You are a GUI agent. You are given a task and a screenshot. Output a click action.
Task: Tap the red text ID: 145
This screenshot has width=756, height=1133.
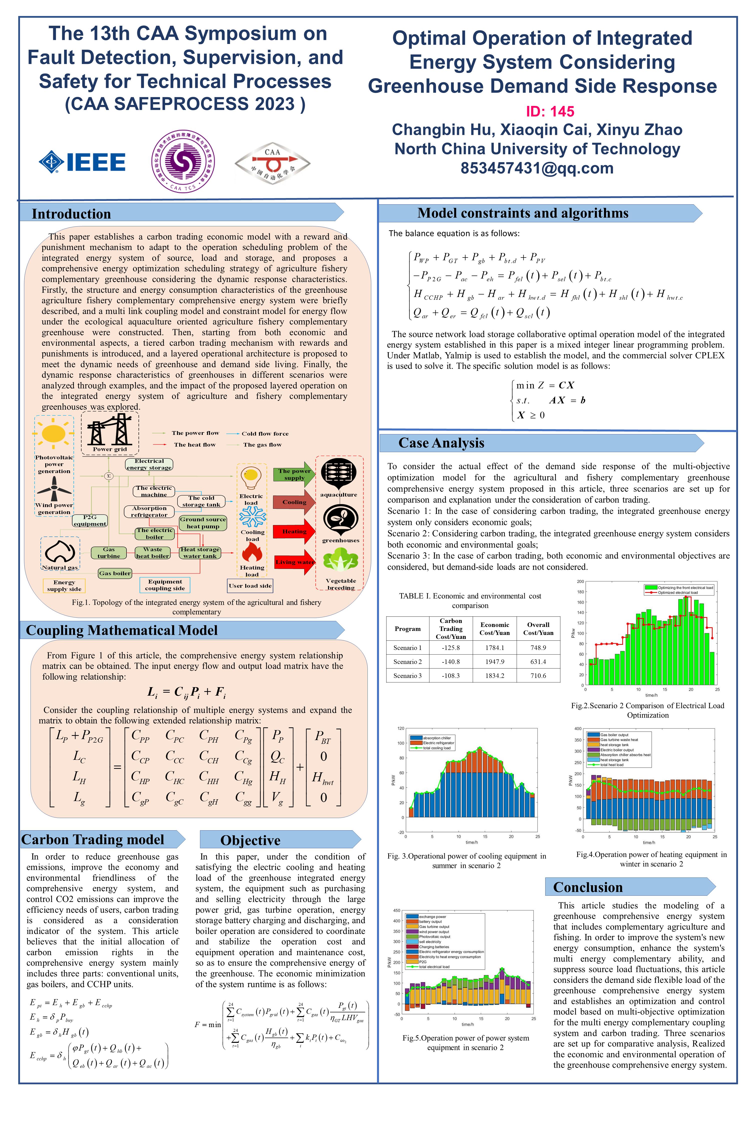[550, 112]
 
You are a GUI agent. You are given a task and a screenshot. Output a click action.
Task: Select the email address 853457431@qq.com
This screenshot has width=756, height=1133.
[536, 168]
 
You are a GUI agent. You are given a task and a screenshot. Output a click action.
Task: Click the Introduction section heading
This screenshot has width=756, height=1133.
[71, 214]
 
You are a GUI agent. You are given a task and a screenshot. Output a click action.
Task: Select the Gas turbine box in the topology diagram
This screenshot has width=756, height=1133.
[109, 553]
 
